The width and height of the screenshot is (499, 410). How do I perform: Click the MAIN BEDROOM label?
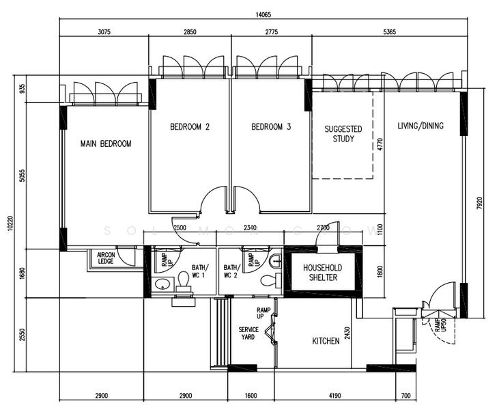coord(105,143)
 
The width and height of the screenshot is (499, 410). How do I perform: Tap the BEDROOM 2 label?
coord(189,126)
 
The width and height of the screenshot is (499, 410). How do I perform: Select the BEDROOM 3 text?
coord(271,126)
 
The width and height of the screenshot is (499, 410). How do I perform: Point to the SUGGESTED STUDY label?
coord(343,134)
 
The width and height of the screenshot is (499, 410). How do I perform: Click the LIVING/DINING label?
coord(420,126)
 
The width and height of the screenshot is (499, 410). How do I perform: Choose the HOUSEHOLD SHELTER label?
coord(322,272)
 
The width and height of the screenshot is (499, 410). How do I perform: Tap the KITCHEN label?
coord(326,341)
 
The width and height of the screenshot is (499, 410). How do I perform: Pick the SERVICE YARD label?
coord(248,333)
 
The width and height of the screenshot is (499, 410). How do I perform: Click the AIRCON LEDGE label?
coord(105,258)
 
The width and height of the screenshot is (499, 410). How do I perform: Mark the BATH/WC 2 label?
coord(231,271)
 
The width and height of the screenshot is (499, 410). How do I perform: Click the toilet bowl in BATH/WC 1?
coord(183,279)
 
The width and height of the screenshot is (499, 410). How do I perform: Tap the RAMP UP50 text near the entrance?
coord(439,325)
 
